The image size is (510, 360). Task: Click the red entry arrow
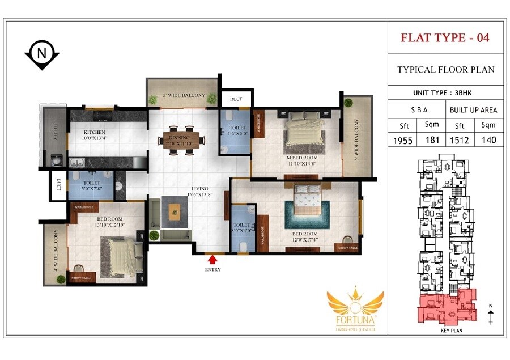point(212,259)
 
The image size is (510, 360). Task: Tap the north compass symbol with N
point(41,55)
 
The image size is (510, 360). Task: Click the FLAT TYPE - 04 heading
point(445,38)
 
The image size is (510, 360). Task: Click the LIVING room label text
point(199,188)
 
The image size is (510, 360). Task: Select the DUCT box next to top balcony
point(236,99)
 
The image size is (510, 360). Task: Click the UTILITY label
point(56,134)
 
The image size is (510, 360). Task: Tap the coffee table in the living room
point(175,214)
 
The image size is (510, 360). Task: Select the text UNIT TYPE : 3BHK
point(445,93)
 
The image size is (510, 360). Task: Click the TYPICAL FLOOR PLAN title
point(445,70)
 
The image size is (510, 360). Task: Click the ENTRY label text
point(212,270)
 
